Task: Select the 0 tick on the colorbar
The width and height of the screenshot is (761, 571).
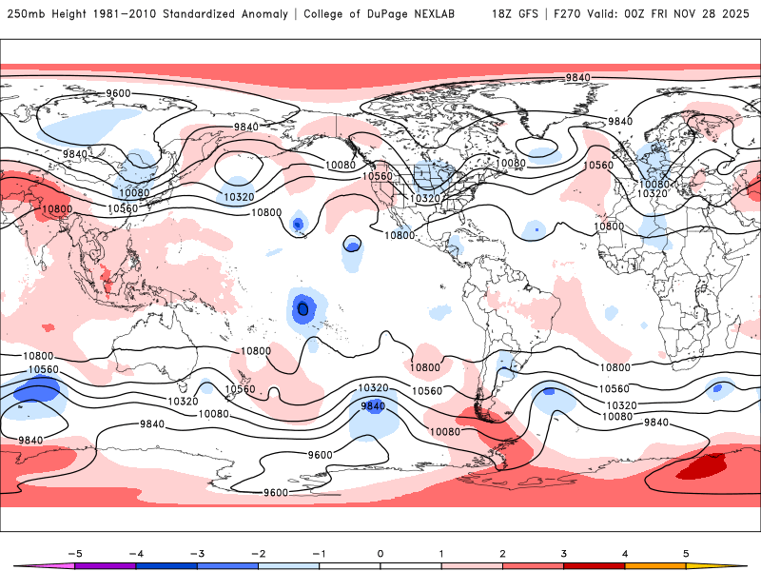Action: point(380,553)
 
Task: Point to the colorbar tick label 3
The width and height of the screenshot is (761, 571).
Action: point(564,553)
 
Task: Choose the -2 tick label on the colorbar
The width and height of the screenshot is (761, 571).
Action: point(257,553)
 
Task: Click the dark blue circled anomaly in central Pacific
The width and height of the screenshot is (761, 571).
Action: point(303,307)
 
